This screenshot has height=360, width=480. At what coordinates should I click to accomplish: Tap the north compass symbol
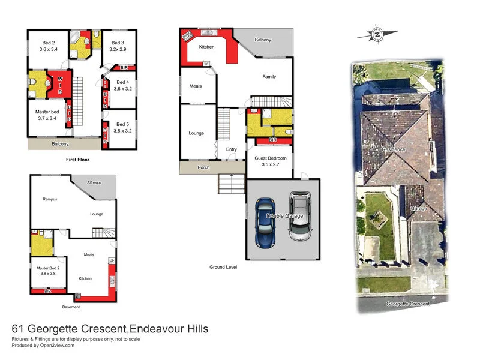pos(377,35)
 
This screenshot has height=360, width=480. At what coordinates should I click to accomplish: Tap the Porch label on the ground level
pos(203,167)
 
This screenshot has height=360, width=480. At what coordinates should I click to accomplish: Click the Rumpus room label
pos(50,199)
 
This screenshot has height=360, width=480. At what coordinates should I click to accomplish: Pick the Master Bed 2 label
pos(47,271)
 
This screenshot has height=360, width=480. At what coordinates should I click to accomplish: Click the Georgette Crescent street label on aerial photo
pos(408,304)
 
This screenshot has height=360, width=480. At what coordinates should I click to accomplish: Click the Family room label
pos(269,77)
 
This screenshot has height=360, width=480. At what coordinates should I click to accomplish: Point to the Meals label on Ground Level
pos(195,86)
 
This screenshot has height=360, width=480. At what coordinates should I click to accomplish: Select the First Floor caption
pos(77,161)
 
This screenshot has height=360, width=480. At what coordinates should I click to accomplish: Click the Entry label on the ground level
pos(232,149)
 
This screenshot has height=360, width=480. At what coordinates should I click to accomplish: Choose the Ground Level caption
pos(223,267)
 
